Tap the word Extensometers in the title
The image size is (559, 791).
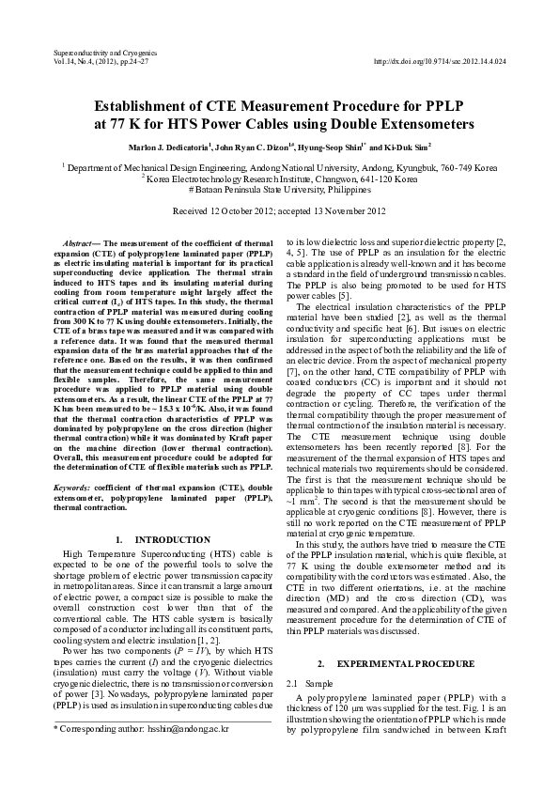(x=424, y=124)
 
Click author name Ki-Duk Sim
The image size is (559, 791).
(x=407, y=147)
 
